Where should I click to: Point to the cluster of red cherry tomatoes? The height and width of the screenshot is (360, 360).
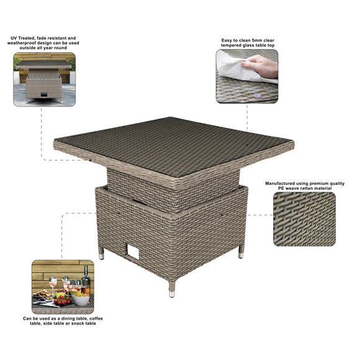coord(62,301)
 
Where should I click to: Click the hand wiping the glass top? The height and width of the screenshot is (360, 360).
coord(261,66)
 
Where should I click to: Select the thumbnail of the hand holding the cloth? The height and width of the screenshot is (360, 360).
coord(247,76)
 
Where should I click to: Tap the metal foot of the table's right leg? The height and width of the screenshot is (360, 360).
coord(241,255)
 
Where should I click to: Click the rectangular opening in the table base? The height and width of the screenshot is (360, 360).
coord(134,253)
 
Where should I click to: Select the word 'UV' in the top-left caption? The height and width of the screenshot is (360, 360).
coord(14,38)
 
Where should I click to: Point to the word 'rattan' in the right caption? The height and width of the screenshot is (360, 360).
coord(306,188)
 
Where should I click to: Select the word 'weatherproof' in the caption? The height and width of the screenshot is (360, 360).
coord(22,43)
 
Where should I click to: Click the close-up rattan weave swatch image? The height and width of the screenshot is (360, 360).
coord(304,219)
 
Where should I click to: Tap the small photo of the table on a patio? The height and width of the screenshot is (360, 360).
coord(44,79)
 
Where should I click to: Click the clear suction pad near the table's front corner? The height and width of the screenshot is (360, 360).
coord(175,173)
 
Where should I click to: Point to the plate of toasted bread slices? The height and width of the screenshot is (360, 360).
coord(42,294)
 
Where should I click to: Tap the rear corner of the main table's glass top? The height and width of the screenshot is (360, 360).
coord(170,117)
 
